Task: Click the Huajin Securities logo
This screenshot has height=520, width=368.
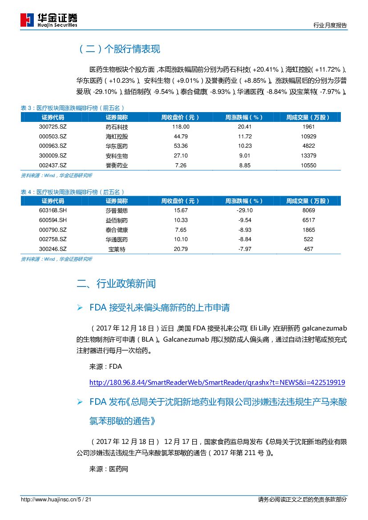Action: coord(49,20)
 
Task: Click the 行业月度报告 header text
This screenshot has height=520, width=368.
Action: coord(330,26)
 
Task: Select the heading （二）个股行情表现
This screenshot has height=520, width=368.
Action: coord(119,49)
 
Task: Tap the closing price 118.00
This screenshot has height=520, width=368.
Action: coord(181,127)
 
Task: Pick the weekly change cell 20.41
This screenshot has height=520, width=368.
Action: coord(245,127)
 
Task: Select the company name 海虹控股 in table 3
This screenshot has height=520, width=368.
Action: coord(117,137)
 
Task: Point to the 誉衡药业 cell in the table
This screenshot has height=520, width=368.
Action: coord(117,165)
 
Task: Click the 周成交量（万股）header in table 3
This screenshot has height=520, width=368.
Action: coord(308,117)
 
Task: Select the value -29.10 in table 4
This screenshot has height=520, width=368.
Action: coord(245,210)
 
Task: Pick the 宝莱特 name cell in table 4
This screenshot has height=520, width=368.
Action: coord(117,250)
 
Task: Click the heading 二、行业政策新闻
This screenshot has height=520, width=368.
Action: coord(116,284)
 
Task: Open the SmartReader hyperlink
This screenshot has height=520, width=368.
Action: coord(217,383)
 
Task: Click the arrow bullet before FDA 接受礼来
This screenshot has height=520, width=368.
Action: coord(80,307)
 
